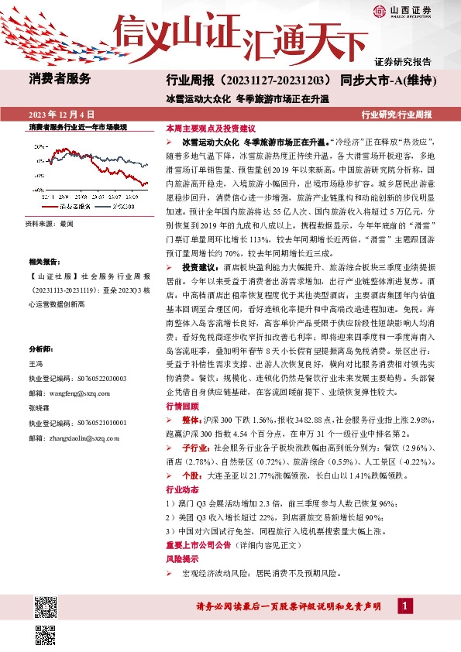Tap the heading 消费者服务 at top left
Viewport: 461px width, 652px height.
point(60,78)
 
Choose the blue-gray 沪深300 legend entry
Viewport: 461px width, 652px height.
point(121,207)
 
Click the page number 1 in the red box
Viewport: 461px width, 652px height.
point(404,606)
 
